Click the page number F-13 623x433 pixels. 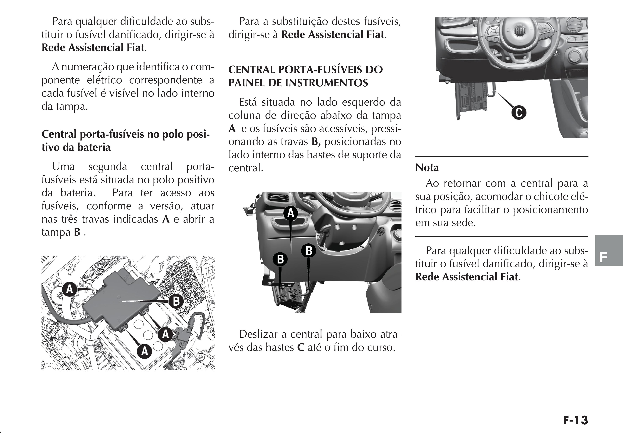(575, 421)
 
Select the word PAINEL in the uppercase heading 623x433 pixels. (246, 83)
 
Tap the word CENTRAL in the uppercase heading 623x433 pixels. (252, 70)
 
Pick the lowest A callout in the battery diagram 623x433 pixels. (145, 351)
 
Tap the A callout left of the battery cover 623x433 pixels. (69, 289)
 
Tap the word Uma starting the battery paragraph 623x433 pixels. (63, 166)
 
